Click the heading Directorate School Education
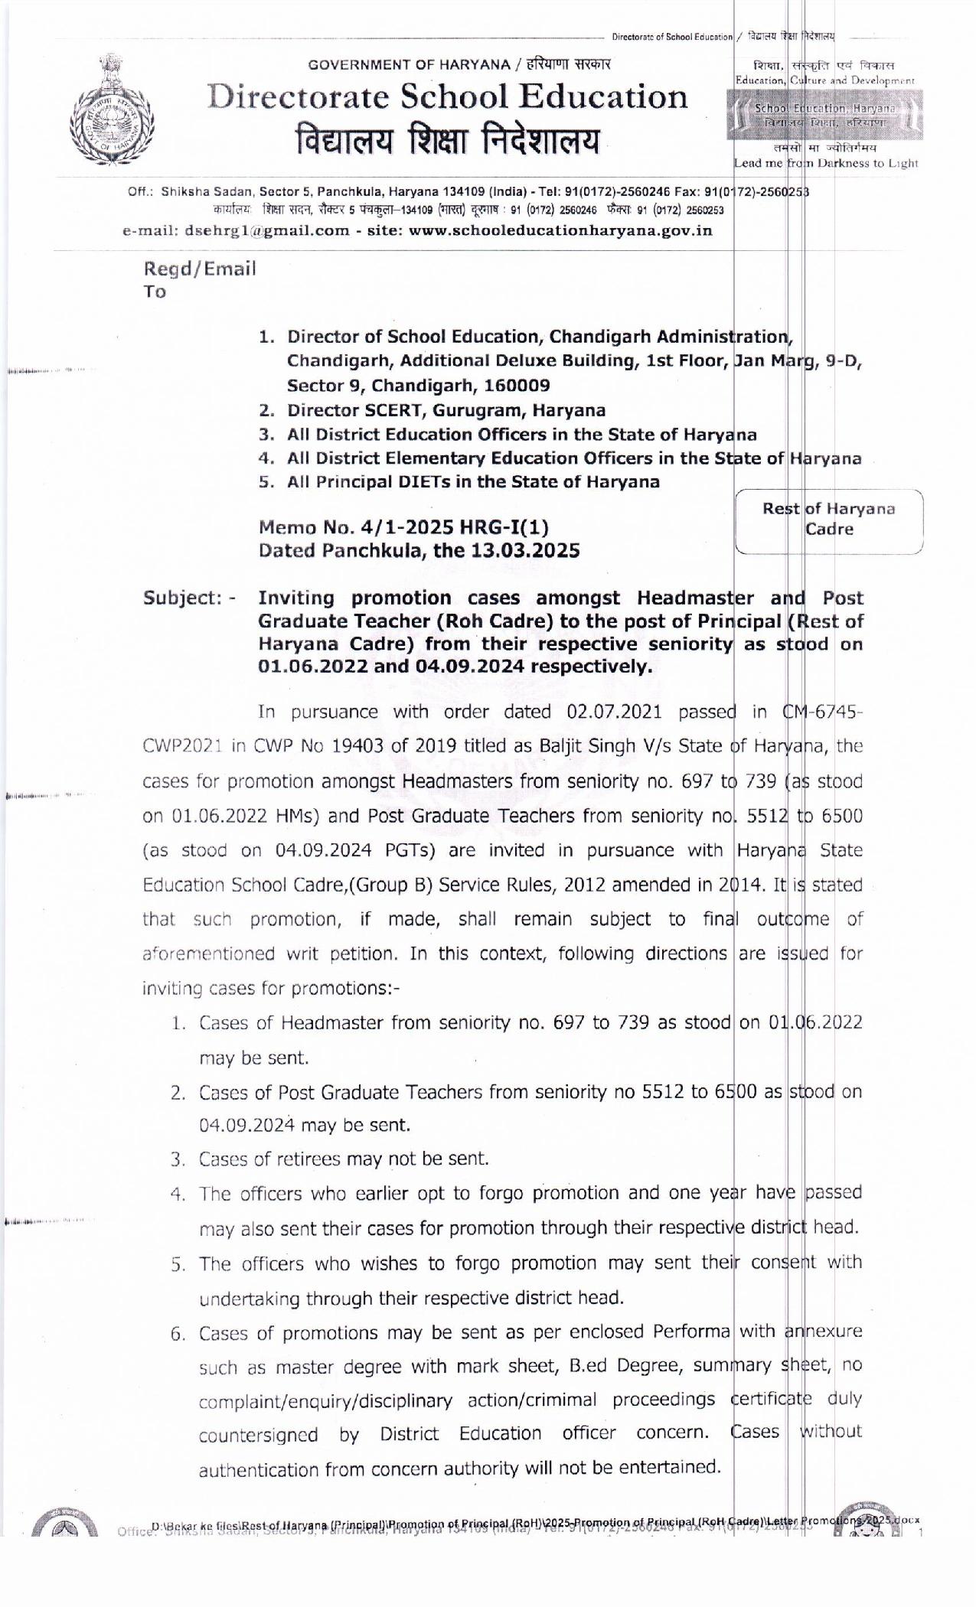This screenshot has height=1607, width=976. pos(449,98)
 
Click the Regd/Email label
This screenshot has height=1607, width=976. pos(200,269)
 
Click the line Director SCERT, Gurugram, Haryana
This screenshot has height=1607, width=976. pos(446,410)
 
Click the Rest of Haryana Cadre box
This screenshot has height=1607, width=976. pos(828,519)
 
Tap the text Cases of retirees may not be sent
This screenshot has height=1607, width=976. pos(344,1159)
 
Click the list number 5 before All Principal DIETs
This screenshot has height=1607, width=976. pos(266,482)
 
